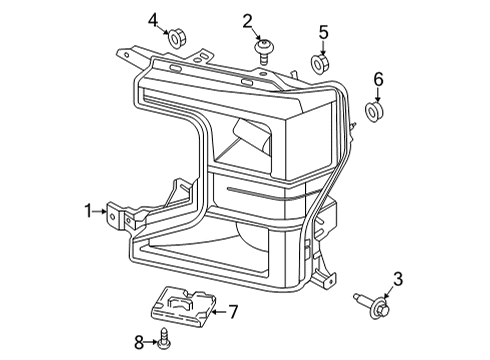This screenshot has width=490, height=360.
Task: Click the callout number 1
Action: [x=89, y=210]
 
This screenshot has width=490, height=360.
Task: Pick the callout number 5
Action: [x=323, y=33]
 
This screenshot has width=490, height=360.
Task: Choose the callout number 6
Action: [x=378, y=78]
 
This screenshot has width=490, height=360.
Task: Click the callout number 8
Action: [x=140, y=343]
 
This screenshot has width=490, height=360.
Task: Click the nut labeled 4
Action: [x=175, y=40]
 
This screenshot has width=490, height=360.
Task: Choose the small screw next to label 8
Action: [x=162, y=343]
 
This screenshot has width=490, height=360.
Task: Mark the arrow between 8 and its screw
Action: [x=151, y=343]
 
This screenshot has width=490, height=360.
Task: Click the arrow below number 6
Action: [x=378, y=93]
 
